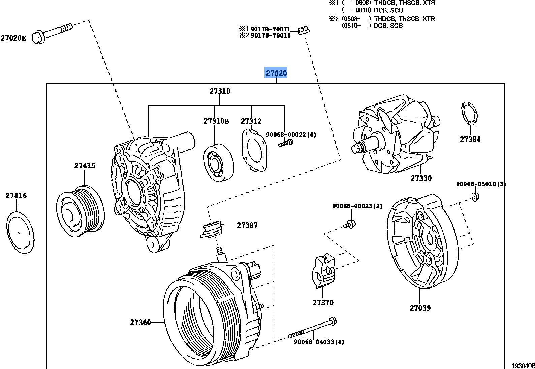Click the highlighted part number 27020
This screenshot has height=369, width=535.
[276, 73]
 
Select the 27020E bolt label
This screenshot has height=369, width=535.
[13, 38]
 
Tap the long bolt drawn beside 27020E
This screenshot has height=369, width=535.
[54, 32]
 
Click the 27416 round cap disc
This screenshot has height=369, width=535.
[20, 233]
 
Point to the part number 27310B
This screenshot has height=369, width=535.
[216, 121]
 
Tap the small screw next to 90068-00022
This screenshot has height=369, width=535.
[286, 144]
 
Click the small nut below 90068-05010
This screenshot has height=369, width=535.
[475, 197]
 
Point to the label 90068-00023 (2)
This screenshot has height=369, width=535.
[357, 206]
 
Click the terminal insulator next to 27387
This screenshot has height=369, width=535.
[212, 230]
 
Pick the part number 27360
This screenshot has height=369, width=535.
[140, 322]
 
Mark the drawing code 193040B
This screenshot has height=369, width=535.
[523, 366]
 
